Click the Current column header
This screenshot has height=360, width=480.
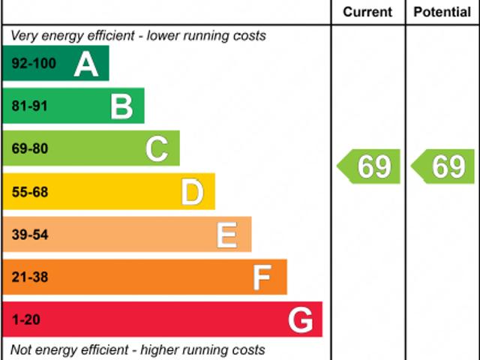coord(367,12)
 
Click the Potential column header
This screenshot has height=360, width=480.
coord(442,12)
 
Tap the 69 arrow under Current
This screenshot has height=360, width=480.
coord(369,166)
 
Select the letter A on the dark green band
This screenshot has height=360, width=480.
coord(86,64)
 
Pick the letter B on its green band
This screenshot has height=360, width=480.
coord(121,107)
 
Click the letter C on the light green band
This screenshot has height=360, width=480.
coord(157,150)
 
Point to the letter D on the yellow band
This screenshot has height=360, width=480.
coord(192,193)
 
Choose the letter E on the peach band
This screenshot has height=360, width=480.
coord(227,235)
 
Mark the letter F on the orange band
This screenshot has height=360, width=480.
coord(262,278)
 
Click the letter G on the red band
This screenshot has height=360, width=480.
coord(300,321)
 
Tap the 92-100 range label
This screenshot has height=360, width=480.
coord(34,64)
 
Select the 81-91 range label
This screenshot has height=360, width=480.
coord(30,106)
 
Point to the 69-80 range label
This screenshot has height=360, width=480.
coord(30,149)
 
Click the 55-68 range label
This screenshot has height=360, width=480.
coord(30,192)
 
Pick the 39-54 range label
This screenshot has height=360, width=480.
coord(30,235)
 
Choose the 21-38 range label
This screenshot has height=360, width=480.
coord(30,277)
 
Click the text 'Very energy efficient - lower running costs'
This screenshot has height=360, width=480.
coord(138,36)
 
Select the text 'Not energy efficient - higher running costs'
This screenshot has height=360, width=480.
coord(138,349)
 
